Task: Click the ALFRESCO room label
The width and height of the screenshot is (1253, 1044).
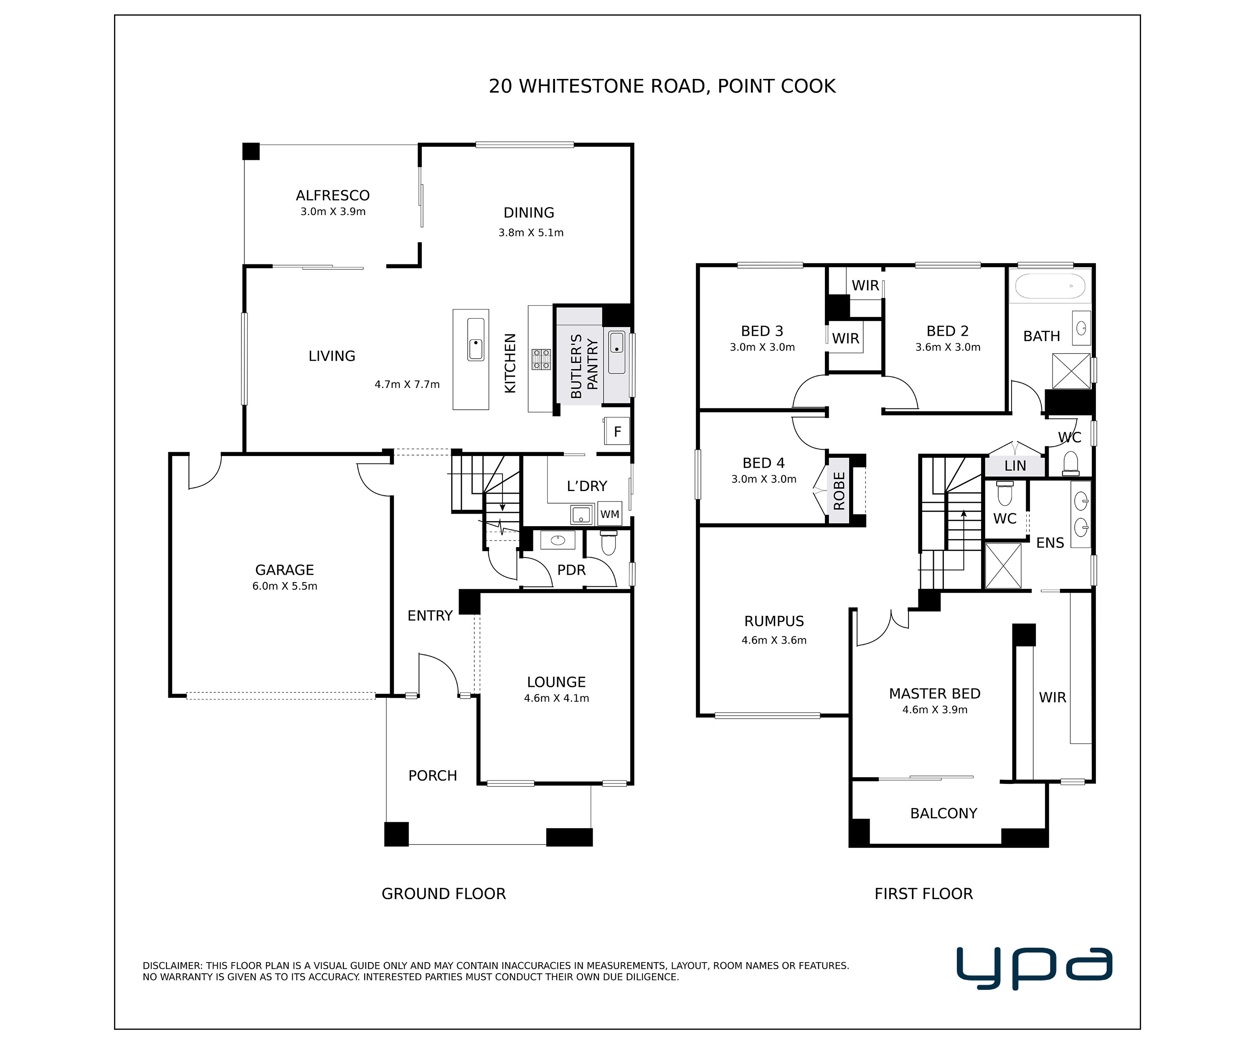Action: tap(332, 196)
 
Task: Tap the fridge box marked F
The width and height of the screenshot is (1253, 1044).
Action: tap(617, 431)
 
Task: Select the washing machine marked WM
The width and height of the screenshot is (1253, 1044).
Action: tap(609, 514)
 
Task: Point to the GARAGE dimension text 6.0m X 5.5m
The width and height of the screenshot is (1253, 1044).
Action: tap(284, 586)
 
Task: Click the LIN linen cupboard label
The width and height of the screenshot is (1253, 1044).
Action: tap(1015, 466)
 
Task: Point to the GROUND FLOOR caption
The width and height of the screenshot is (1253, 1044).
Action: tap(443, 894)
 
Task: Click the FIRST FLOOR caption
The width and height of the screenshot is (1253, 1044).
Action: tap(923, 894)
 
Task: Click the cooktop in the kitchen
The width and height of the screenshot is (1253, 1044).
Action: tap(542, 359)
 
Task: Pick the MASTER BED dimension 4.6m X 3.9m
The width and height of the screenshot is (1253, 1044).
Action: tap(935, 710)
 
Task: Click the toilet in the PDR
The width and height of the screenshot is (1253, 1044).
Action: tap(608, 543)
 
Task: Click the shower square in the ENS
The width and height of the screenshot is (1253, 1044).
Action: tap(1002, 565)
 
